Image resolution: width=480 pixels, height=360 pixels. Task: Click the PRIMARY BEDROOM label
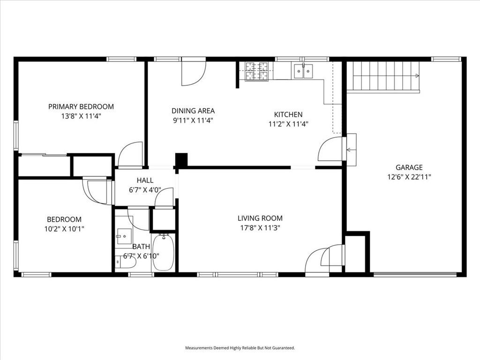point(81,106)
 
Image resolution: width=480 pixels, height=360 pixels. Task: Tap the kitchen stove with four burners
point(257,72)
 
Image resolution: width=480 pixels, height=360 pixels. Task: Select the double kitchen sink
point(303,71)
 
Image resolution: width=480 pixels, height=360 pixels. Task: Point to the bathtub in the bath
point(164,252)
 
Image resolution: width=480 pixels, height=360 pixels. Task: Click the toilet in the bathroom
point(126,262)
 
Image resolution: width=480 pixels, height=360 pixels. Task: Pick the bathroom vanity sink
point(124,236)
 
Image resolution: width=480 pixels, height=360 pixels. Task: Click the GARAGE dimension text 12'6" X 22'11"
point(409,177)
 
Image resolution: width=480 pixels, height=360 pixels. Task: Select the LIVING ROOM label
point(260,218)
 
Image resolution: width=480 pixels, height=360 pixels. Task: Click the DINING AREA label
point(193,111)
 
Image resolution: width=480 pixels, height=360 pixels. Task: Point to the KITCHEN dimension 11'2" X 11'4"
point(288,124)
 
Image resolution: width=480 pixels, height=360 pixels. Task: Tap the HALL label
point(145,180)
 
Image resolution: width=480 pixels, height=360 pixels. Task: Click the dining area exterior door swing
point(194,74)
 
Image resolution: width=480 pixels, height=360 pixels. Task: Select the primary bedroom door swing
point(130,154)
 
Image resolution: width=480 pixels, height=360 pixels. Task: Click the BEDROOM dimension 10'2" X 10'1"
point(64,229)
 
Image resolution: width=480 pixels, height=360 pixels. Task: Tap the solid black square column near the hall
point(181,159)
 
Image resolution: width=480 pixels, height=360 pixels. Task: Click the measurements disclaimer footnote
point(240,348)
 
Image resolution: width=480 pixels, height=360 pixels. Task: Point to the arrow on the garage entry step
point(349,150)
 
